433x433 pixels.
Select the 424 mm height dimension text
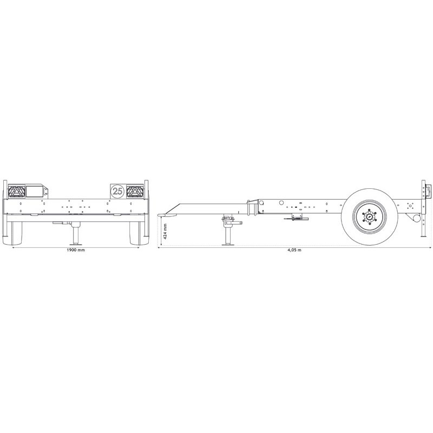[x=165, y=231]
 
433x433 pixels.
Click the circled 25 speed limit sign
[x=117, y=191]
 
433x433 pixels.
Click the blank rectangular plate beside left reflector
[x=36, y=191]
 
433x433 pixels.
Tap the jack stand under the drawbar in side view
[x=227, y=233]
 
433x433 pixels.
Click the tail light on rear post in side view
[x=429, y=192]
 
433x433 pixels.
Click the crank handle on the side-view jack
[x=233, y=222]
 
